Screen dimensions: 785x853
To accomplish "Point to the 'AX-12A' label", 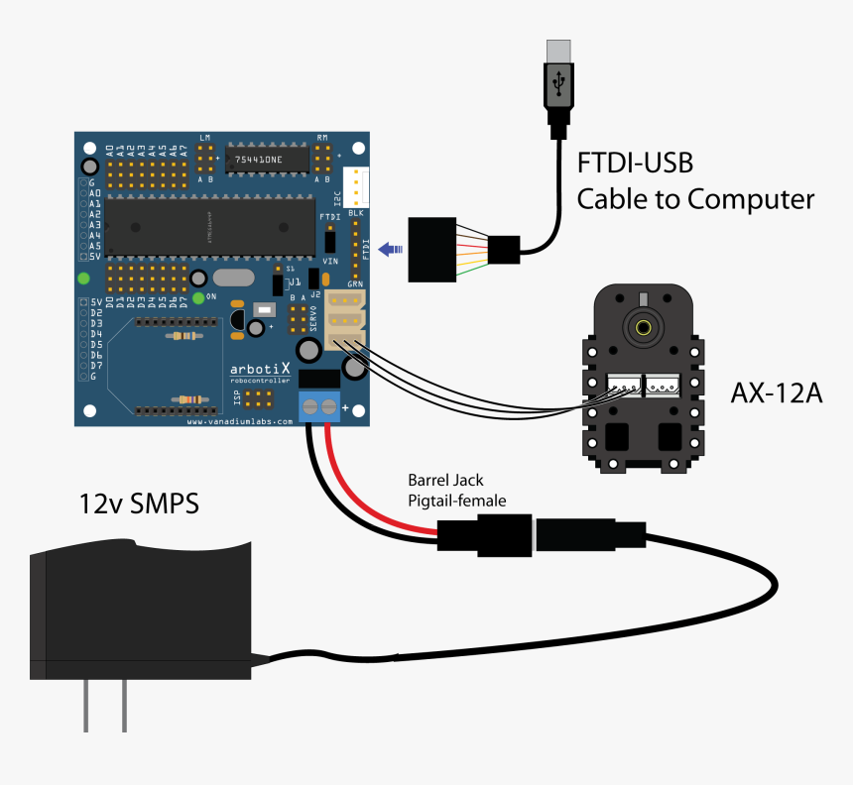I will (777, 393).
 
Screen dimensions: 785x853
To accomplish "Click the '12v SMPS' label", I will (139, 504).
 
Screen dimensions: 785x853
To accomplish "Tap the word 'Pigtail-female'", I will (457, 501).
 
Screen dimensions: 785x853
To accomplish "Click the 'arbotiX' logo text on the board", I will (254, 368).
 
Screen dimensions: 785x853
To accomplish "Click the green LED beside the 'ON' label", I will (199, 296).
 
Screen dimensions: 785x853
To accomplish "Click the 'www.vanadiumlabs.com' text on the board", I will (241, 421).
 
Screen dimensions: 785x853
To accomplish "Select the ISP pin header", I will (258, 399).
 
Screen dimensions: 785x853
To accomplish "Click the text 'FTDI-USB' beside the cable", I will (636, 161).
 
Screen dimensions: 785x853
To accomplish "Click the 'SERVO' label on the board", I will (313, 320).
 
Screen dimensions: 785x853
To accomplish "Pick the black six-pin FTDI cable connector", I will (432, 249).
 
